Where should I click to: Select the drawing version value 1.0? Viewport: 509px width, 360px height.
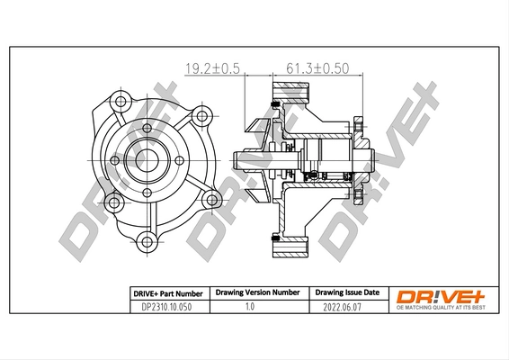pyautogui.click(x=254, y=307)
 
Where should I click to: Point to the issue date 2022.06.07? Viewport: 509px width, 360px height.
pyautogui.click(x=346, y=307)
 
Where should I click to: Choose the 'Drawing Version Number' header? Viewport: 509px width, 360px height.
pyautogui.click(x=254, y=293)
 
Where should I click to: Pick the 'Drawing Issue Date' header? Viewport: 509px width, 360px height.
pyautogui.click(x=346, y=293)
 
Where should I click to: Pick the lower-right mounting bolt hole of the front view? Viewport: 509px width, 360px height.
pyautogui.click(x=210, y=200)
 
